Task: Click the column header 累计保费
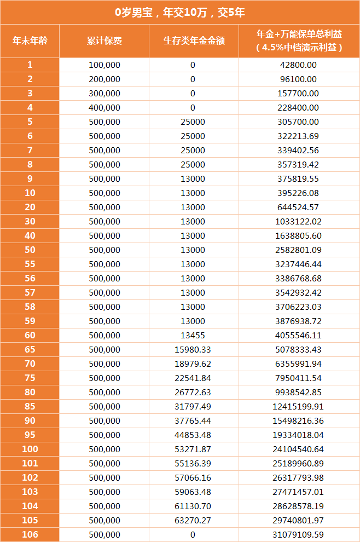click(104, 41)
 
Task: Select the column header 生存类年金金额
click(194, 41)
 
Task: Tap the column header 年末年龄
click(30, 41)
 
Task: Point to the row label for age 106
click(30, 534)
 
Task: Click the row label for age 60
click(30, 335)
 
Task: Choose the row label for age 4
click(30, 107)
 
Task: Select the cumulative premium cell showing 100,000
click(104, 65)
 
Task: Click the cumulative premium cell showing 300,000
click(104, 93)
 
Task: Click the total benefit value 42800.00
click(298, 65)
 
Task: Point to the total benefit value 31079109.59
click(298, 534)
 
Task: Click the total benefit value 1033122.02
click(298, 221)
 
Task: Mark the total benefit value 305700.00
click(298, 122)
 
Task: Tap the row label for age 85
click(30, 406)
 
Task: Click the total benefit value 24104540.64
click(298, 449)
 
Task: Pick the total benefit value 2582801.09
click(298, 250)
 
